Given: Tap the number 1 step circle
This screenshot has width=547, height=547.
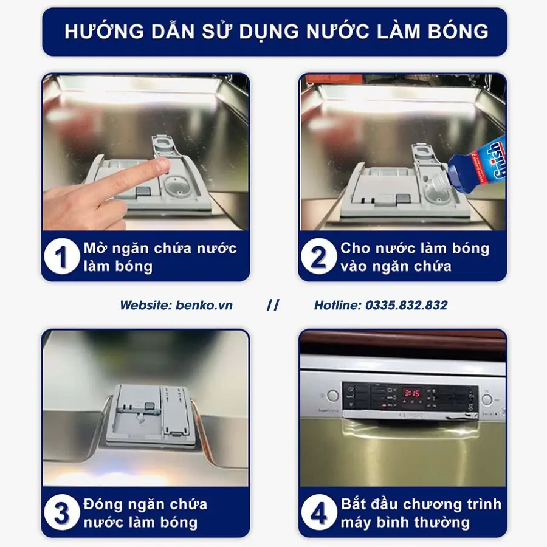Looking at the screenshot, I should pos(62,256).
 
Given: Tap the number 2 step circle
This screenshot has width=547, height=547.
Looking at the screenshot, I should pos(319,256).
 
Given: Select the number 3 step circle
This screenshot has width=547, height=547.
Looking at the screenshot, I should pos(62,513).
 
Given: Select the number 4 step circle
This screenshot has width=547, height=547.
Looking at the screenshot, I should pos(319,513).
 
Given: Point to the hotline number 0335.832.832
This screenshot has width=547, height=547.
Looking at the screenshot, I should pos(406,305).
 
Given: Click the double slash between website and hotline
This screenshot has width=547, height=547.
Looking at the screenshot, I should pos(273,305).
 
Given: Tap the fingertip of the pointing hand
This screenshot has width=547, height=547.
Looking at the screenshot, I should pos(161,165).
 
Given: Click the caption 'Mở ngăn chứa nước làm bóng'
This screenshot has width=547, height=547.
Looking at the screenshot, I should pos(160,257).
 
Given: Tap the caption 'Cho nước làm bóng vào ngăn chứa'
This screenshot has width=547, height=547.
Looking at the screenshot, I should pos(415,256).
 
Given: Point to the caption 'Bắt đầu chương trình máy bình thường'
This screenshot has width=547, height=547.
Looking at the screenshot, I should pos(421,513).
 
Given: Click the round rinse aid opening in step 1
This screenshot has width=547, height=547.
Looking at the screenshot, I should pos(178,185).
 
